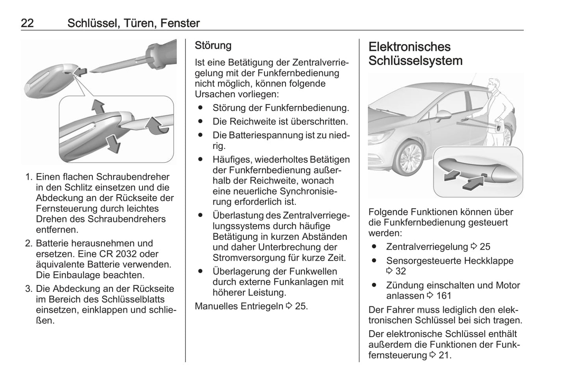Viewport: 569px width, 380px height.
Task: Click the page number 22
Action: click(x=27, y=23)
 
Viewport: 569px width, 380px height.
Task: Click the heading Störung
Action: click(x=213, y=45)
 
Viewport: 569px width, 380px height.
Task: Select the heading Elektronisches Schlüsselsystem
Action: click(x=415, y=54)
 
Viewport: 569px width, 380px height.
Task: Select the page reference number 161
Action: click(x=444, y=296)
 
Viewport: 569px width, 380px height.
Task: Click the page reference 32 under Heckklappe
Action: click(x=400, y=271)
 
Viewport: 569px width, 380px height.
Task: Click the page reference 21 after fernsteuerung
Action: click(x=444, y=355)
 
